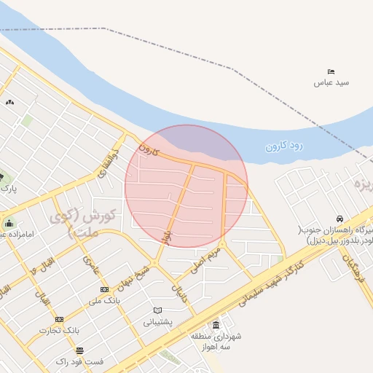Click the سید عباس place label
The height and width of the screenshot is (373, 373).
331,82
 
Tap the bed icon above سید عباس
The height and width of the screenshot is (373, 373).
331,71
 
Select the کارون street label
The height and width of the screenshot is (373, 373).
148,149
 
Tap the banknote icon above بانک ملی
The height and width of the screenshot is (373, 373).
103,289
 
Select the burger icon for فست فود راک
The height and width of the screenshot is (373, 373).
79,350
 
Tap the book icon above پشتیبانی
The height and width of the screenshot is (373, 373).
157,310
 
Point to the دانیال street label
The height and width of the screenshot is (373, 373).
178,294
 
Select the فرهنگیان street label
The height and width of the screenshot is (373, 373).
353,270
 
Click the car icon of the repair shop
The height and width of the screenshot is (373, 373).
339,219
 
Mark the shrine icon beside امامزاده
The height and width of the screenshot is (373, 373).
8,223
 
